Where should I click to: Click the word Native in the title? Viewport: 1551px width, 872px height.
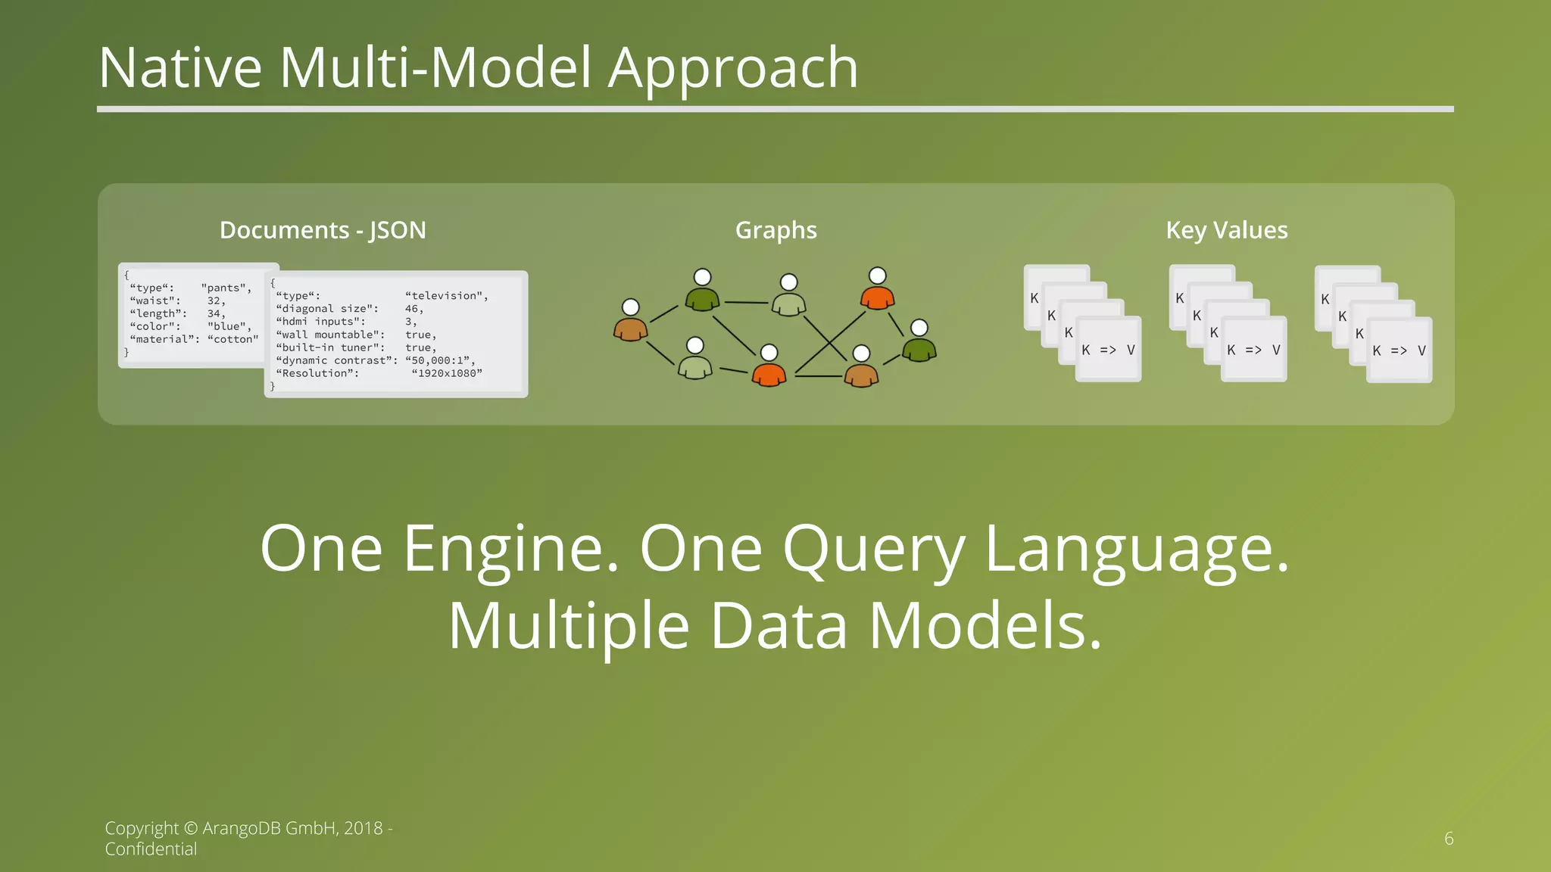(x=180, y=68)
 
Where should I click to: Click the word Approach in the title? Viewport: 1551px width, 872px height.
(x=733, y=68)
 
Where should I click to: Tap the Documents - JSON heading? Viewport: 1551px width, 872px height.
(x=323, y=230)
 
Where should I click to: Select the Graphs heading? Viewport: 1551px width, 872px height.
(x=775, y=230)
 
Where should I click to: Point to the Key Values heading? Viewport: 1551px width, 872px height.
(x=1226, y=230)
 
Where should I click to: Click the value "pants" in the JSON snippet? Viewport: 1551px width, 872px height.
(x=226, y=288)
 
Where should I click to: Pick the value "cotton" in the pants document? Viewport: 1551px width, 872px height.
(x=232, y=339)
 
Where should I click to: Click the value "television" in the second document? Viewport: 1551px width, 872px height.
(x=446, y=296)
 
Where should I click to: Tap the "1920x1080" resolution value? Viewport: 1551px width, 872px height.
(x=447, y=373)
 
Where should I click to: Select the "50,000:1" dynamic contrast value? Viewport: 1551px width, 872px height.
(x=440, y=360)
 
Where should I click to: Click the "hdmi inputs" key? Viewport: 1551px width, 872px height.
(x=320, y=322)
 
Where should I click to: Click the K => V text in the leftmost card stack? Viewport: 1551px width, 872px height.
(x=1108, y=350)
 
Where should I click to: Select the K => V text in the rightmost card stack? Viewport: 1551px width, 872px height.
(x=1399, y=350)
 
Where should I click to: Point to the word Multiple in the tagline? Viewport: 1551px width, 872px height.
(x=568, y=627)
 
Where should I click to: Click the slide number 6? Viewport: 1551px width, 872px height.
(x=1449, y=839)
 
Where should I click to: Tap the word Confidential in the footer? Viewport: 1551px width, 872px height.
(x=151, y=849)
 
